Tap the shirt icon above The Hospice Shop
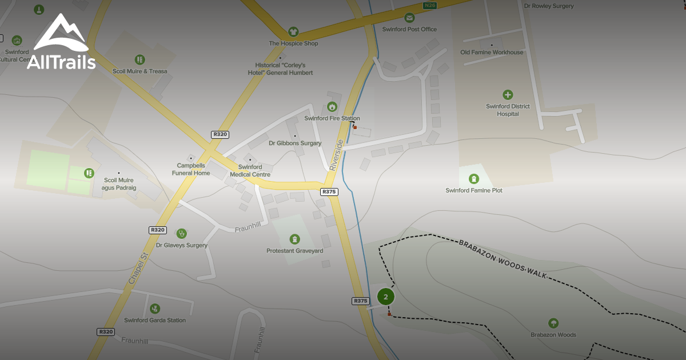[x=293, y=31]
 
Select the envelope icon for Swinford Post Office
[x=409, y=18]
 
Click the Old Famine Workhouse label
[x=492, y=52]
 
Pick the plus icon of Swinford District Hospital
[x=508, y=95]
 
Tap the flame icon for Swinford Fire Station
[x=332, y=107]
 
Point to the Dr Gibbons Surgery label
[x=295, y=143]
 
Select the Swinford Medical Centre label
[x=250, y=171]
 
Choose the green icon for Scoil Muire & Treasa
[x=139, y=59]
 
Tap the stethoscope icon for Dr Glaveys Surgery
[x=182, y=233]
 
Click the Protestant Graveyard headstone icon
[x=294, y=239]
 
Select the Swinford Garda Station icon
[x=155, y=309]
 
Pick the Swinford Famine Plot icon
[x=473, y=179]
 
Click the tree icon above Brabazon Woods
[x=553, y=323]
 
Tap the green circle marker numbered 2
[x=386, y=297]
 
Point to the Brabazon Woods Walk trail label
[x=503, y=259]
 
